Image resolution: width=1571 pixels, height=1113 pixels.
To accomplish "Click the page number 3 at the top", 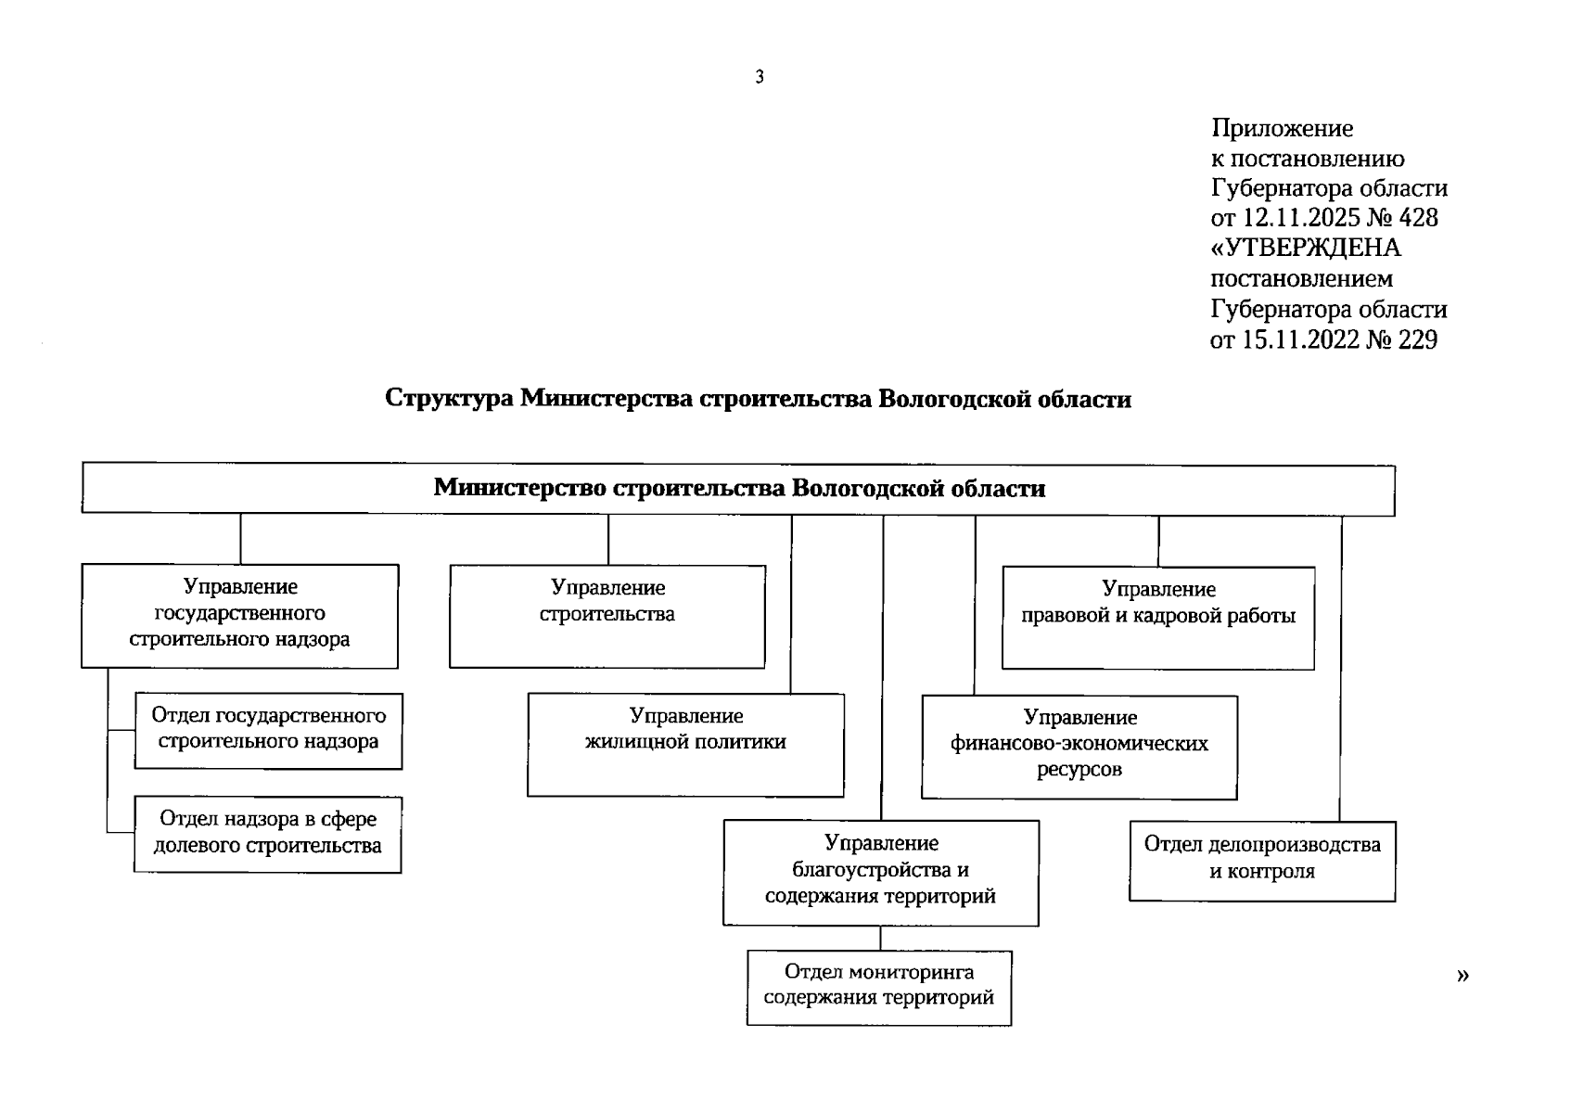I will pyautogui.click(x=760, y=78).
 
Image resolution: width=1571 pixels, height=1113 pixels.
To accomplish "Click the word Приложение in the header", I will pyautogui.click(x=1282, y=128).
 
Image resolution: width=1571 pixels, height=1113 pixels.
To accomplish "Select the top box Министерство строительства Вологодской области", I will pyautogui.click(x=738, y=489).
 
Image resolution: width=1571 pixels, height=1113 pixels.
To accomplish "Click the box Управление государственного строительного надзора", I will pyautogui.click(x=239, y=616).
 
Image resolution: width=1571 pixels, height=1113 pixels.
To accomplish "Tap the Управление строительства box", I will pyautogui.click(x=607, y=616).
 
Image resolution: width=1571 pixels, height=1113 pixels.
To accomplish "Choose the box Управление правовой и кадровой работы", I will pyautogui.click(x=1158, y=618).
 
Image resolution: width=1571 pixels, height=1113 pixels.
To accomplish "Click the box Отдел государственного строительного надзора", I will pyautogui.click(x=268, y=731).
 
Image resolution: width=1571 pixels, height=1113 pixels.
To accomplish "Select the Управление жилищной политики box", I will pyautogui.click(x=685, y=744).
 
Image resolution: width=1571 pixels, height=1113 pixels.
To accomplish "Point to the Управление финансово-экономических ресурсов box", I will pyautogui.click(x=1079, y=747).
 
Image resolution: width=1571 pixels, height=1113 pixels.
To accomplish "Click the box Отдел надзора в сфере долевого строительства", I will pyautogui.click(x=268, y=834).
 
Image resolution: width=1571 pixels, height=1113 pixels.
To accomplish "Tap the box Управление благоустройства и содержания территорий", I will pyautogui.click(x=881, y=872).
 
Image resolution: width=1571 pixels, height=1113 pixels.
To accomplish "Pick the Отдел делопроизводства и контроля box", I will pyautogui.click(x=1262, y=860).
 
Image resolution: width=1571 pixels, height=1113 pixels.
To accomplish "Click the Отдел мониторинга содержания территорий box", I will pyautogui.click(x=879, y=987).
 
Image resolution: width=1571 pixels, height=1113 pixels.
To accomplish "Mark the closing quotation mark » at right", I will pyautogui.click(x=1462, y=975).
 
